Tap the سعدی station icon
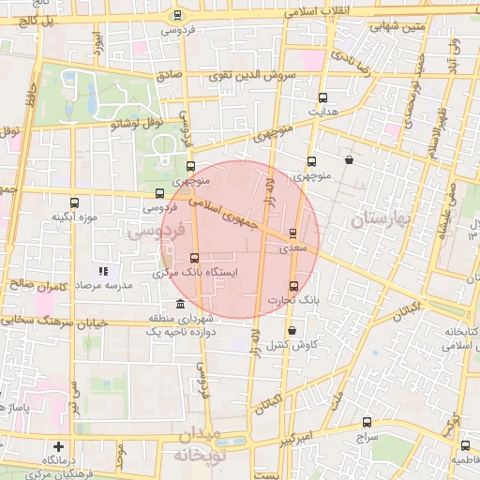[293, 233]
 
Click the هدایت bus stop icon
[323, 97]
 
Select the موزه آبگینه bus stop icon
[75, 202]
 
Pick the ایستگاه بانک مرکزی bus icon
[195, 257]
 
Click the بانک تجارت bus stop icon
[292, 286]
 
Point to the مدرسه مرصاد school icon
[103, 271]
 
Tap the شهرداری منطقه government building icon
[180, 304]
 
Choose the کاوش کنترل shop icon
[292, 330]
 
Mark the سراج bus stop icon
[367, 423]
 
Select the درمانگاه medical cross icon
[59, 446]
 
